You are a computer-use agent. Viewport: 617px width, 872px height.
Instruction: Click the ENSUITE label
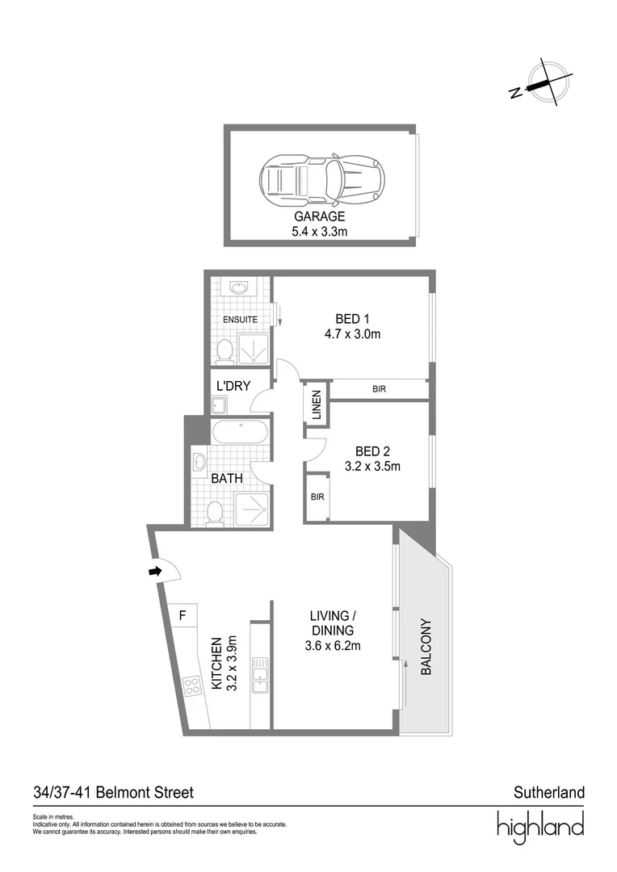(x=240, y=320)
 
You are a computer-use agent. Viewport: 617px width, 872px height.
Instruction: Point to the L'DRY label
(x=233, y=386)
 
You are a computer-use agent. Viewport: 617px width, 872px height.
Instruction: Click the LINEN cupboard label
(x=317, y=405)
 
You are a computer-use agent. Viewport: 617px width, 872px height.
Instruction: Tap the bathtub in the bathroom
(x=239, y=433)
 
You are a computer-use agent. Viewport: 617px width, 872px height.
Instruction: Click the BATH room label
(x=228, y=479)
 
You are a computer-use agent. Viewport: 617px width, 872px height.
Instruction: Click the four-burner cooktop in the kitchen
(x=193, y=687)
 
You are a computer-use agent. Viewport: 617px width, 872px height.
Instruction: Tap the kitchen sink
(x=260, y=674)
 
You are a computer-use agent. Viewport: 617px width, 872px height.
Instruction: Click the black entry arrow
(x=155, y=572)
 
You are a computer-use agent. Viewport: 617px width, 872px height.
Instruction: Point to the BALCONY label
(x=426, y=647)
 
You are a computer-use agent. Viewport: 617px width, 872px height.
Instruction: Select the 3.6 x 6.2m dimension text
(x=334, y=645)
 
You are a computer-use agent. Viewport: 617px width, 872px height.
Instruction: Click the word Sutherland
(x=548, y=793)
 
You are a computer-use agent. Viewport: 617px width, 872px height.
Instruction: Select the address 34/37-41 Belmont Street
(x=113, y=793)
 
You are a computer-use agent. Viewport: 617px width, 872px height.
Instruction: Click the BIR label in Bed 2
(x=317, y=497)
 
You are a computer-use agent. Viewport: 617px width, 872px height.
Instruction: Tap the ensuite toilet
(x=226, y=349)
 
